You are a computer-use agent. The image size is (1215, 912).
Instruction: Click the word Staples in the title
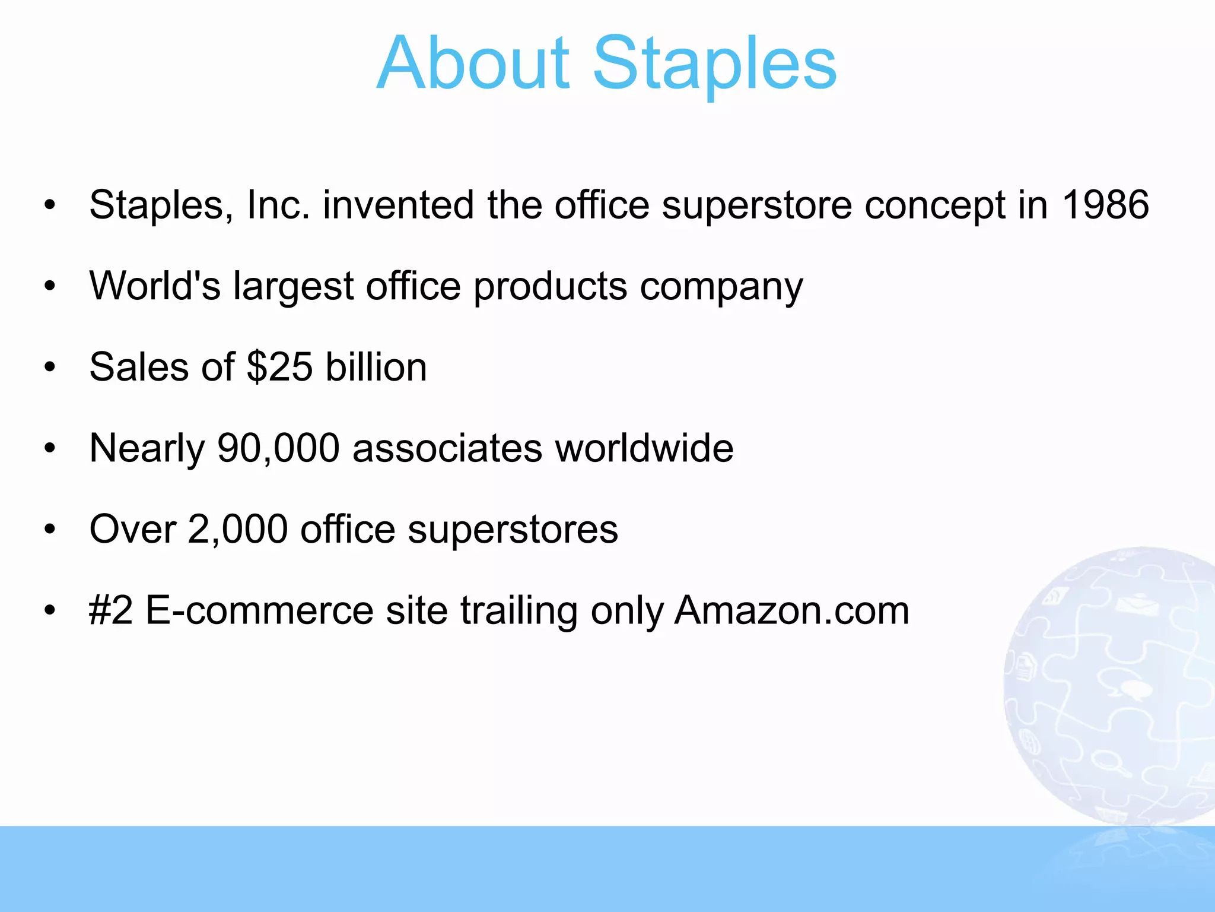point(714,64)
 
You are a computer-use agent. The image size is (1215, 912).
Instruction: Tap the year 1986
point(1105,205)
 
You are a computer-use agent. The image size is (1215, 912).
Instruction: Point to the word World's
point(155,286)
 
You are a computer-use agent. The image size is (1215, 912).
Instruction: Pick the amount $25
point(279,367)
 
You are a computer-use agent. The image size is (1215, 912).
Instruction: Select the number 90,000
point(278,448)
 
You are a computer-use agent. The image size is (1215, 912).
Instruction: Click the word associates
point(447,448)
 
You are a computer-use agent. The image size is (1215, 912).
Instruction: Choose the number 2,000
point(237,529)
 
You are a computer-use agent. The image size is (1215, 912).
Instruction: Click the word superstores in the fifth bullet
point(513,530)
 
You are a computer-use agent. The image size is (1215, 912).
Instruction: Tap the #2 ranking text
point(111,610)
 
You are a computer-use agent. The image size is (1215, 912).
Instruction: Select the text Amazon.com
point(791,610)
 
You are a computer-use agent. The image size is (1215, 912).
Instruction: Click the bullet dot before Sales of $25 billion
point(50,368)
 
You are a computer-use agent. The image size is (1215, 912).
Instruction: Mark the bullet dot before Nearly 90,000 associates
point(50,448)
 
